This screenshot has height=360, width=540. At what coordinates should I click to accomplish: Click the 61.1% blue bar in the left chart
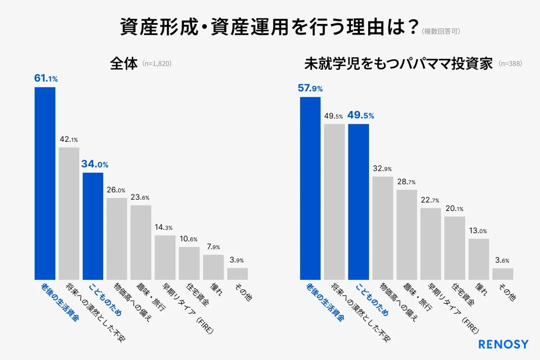tap(45, 183)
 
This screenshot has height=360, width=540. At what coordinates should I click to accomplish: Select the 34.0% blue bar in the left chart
tap(93, 226)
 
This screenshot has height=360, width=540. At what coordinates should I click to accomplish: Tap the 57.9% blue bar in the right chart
tap(310, 188)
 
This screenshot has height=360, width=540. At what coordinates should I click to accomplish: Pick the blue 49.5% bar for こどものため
tap(359, 202)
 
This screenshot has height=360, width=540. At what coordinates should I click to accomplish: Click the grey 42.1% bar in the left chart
tap(69, 213)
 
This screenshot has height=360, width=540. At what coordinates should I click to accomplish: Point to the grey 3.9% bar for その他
tap(237, 274)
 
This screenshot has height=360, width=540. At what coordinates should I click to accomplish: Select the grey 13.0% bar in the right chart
tap(479, 259)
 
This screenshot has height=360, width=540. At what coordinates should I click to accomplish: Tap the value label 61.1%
tap(46, 79)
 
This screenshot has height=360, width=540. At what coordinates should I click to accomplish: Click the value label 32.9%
tap(382, 169)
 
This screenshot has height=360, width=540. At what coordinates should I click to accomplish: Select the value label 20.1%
tap(454, 209)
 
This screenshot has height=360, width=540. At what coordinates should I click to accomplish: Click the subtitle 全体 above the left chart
tap(123, 63)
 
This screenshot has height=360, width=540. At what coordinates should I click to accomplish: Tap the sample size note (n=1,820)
tap(157, 64)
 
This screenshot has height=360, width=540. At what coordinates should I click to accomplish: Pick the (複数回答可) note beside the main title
tap(441, 31)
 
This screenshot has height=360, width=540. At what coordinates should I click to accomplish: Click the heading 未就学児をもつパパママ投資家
tap(399, 63)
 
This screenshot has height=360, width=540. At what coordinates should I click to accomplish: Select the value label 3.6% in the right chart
tap(503, 261)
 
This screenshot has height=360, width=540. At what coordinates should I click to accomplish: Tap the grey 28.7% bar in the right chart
tap(407, 234)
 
